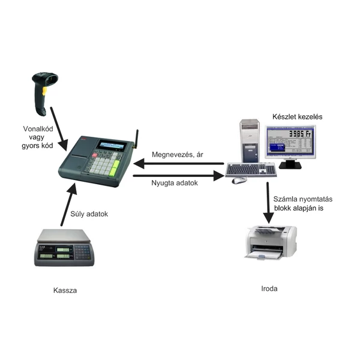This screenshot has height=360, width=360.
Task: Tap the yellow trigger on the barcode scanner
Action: (x=44, y=91)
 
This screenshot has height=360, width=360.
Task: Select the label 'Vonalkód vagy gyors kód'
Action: (x=38, y=137)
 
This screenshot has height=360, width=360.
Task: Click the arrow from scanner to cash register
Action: (x=59, y=129)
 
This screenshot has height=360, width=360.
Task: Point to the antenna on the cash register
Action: (x=136, y=139)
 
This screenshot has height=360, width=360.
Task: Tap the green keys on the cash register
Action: (x=115, y=168)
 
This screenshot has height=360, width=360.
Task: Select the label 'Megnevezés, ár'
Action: (x=178, y=155)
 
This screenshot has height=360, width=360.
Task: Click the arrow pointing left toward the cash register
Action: (x=178, y=164)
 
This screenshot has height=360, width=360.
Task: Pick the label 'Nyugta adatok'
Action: (x=175, y=183)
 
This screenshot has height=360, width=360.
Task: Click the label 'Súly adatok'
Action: (x=89, y=214)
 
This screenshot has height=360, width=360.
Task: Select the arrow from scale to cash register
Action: (x=68, y=205)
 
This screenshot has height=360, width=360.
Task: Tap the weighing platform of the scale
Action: (x=64, y=235)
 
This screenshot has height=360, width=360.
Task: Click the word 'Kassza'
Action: (x=65, y=290)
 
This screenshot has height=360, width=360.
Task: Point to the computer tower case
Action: (x=250, y=141)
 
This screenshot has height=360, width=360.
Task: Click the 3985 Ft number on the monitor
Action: (x=300, y=134)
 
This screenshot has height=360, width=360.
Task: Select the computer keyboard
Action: (x=251, y=170)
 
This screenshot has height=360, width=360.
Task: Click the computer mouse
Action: (x=239, y=181)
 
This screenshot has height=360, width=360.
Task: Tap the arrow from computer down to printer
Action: (x=268, y=203)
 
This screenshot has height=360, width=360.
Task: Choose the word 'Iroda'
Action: (x=269, y=289)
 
